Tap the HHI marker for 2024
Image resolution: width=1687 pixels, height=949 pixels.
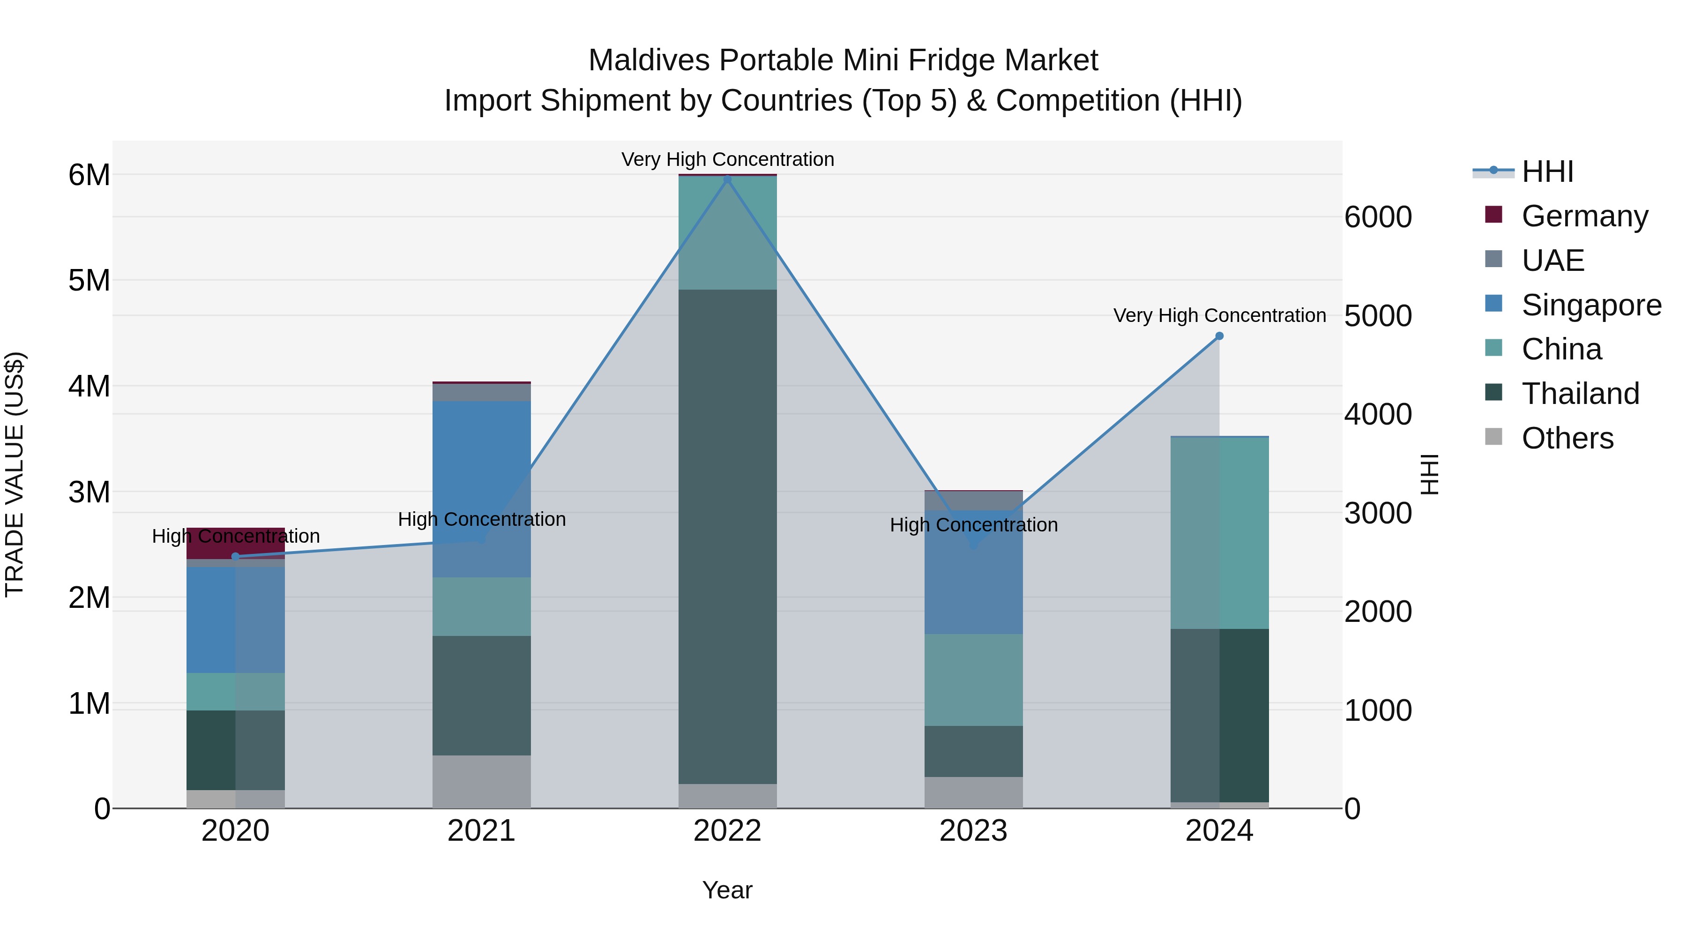coord(1219,336)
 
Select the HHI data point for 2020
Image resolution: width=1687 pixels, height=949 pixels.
coord(236,557)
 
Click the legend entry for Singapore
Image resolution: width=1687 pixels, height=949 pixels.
coord(1591,305)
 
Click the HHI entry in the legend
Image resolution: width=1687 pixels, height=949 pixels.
coord(1547,172)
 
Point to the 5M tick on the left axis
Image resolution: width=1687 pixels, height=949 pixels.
coord(89,280)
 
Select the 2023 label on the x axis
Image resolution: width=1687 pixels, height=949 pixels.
coord(973,831)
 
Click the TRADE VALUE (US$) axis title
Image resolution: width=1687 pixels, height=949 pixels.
coord(15,474)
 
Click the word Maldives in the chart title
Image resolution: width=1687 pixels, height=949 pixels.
coord(649,60)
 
